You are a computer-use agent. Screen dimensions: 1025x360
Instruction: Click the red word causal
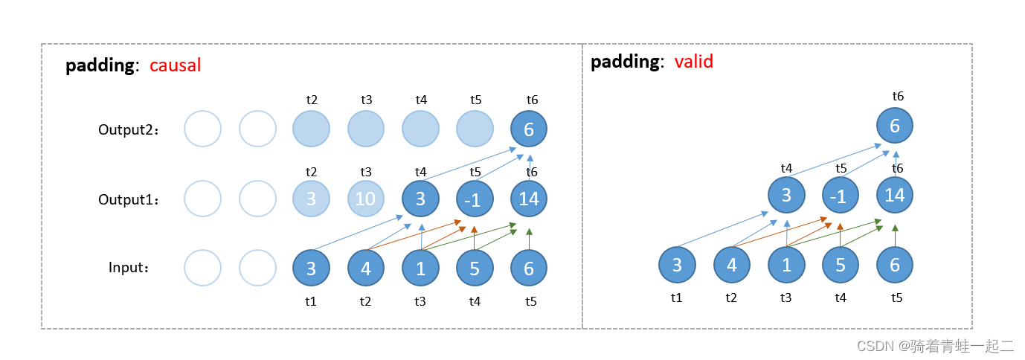point(176,65)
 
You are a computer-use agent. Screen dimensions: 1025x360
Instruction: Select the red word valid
point(693,62)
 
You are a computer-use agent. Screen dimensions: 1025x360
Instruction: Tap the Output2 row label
point(129,129)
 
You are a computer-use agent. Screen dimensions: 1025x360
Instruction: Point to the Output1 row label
point(129,199)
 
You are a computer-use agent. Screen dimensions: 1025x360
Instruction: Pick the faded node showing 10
point(366,199)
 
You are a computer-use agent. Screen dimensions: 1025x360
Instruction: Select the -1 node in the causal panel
point(475,199)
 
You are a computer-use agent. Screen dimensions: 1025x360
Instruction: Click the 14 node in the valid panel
point(895,196)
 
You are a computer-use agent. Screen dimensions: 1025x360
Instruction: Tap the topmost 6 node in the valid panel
point(895,126)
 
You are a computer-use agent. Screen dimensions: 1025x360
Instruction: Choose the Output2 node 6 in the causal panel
point(529,129)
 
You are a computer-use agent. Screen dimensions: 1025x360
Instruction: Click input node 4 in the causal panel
point(366,268)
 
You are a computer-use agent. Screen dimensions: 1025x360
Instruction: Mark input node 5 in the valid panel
point(841,265)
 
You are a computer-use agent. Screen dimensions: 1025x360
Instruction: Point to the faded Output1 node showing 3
point(311,199)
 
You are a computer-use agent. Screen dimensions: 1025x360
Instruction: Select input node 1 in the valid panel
point(786,265)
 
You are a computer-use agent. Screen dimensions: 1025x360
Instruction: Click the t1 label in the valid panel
point(676,298)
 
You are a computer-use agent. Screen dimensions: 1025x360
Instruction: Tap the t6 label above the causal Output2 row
point(532,100)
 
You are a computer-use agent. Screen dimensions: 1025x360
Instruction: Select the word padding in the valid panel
point(625,62)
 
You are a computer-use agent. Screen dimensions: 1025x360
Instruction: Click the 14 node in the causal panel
point(529,199)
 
